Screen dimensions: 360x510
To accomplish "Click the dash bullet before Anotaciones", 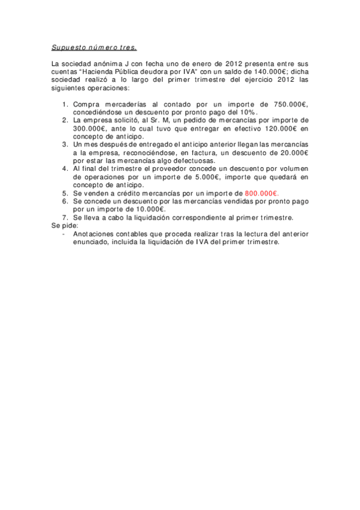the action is coord(64,234).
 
